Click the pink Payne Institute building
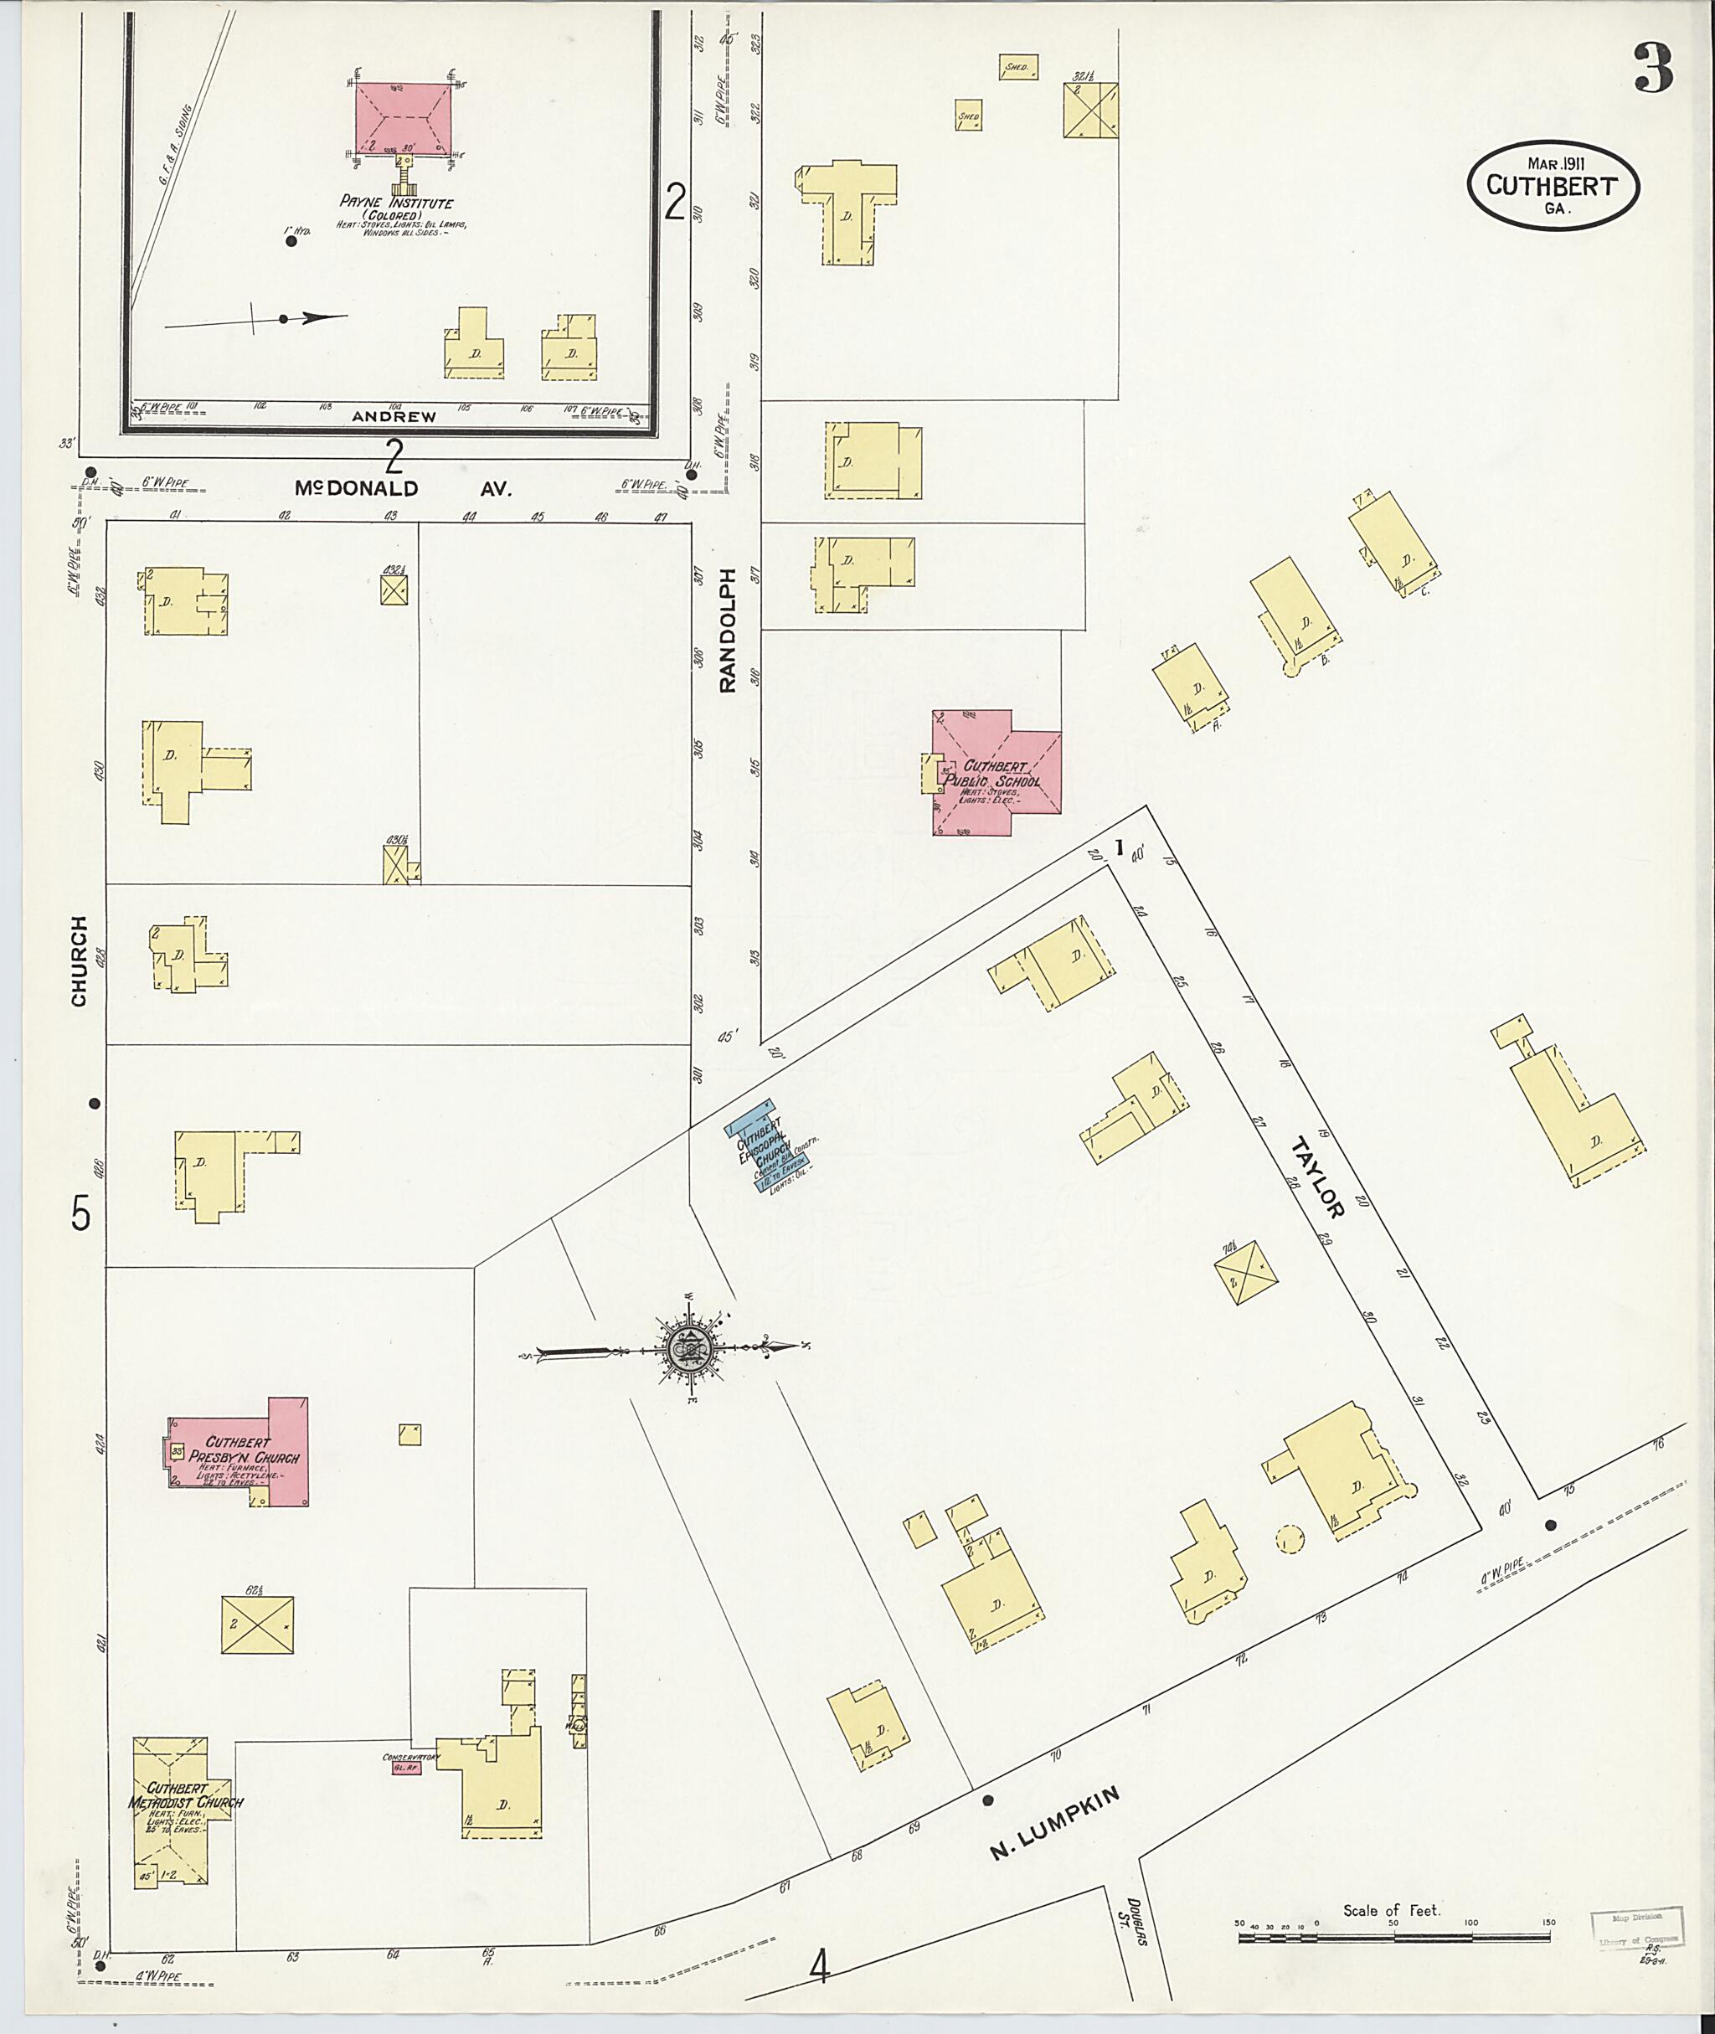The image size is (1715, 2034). coord(401,119)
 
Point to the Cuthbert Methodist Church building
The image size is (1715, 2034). coord(182,1801)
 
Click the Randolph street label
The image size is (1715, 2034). coord(729,629)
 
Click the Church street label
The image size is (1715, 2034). coord(79,960)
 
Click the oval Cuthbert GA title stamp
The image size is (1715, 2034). coord(1552,187)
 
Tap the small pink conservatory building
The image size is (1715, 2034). coord(400,1768)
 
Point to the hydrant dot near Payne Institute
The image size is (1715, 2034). coord(291,241)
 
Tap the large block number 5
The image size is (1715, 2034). coord(80,1213)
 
